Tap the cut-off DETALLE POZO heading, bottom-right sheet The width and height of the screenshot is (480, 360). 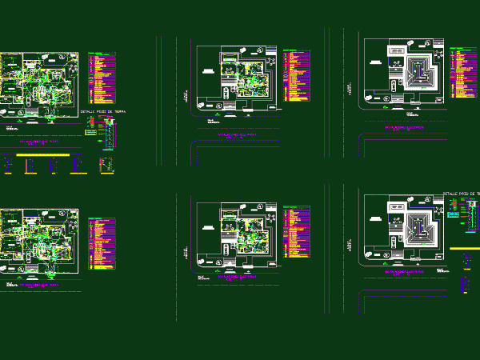(462, 194)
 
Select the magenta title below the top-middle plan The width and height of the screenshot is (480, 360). (236, 135)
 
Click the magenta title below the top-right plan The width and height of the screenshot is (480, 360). (403, 127)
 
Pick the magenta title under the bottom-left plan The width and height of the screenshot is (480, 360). (38, 285)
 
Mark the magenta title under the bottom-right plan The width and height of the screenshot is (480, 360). (403, 272)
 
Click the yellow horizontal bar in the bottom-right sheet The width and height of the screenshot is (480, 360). (465, 249)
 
